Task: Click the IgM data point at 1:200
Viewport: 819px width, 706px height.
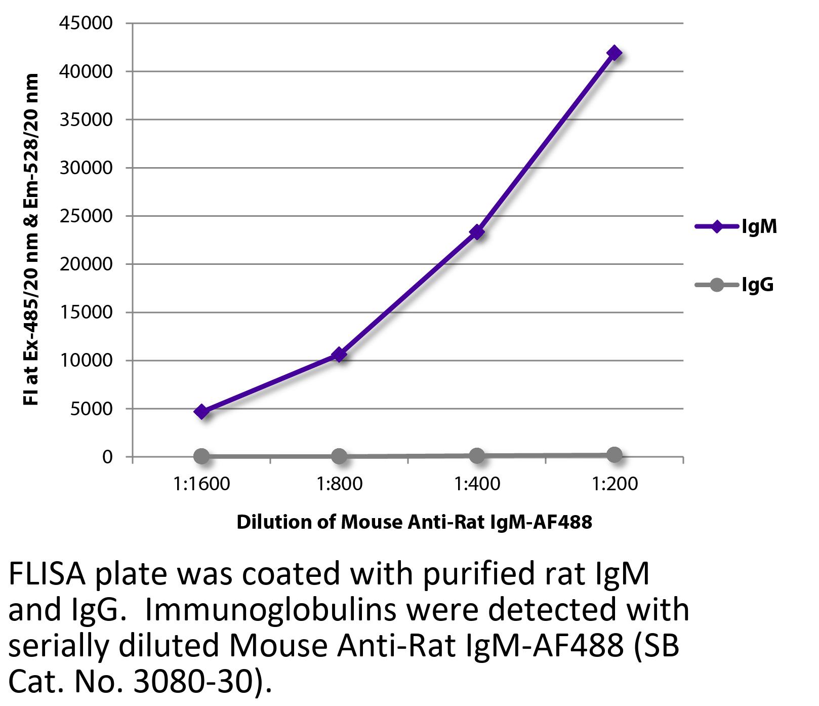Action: [x=614, y=53]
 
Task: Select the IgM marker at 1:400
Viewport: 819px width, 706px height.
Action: [x=476, y=232]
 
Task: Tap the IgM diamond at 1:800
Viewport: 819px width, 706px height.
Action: [x=339, y=354]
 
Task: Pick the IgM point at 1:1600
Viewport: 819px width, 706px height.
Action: [x=201, y=411]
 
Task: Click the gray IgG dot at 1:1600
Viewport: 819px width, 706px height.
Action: [x=201, y=456]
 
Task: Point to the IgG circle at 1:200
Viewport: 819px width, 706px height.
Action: [x=614, y=454]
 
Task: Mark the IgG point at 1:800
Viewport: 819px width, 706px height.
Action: [x=339, y=456]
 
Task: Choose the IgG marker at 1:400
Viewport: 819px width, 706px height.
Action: [x=476, y=455]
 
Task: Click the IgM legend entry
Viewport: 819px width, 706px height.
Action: [x=737, y=226]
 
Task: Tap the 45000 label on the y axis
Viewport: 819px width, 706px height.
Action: [x=86, y=23]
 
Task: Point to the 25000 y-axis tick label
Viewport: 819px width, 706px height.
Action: [x=86, y=216]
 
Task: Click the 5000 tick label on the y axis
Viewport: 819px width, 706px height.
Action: [x=91, y=409]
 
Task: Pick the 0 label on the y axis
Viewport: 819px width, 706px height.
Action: [x=107, y=457]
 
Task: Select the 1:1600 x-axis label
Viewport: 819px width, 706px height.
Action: [x=201, y=484]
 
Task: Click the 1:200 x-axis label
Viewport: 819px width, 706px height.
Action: [x=614, y=484]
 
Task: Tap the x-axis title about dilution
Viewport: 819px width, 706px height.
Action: [x=414, y=522]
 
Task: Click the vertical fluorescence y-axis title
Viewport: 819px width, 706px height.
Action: [x=31, y=239]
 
